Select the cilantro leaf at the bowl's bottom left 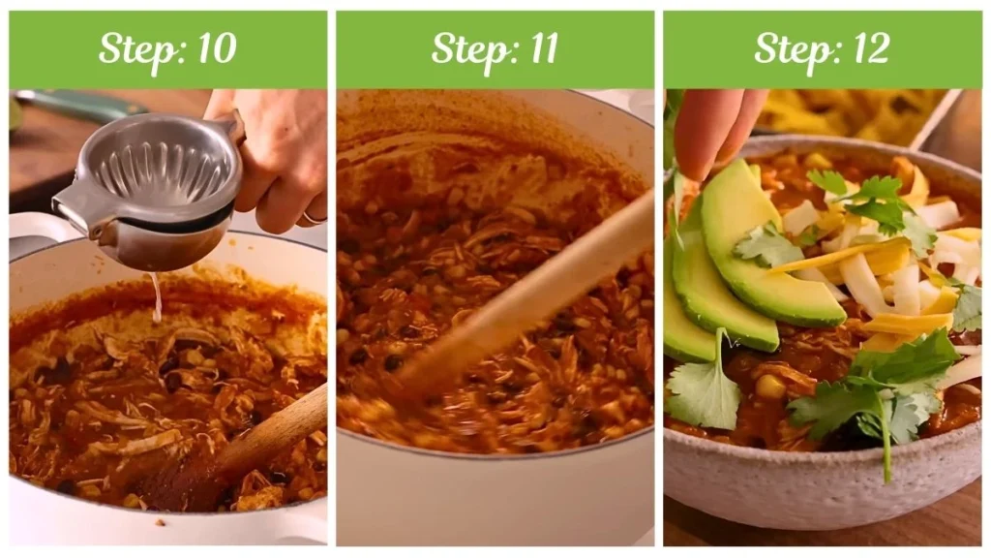[705, 392]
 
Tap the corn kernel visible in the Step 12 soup [769, 387]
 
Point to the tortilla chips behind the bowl [852, 111]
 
